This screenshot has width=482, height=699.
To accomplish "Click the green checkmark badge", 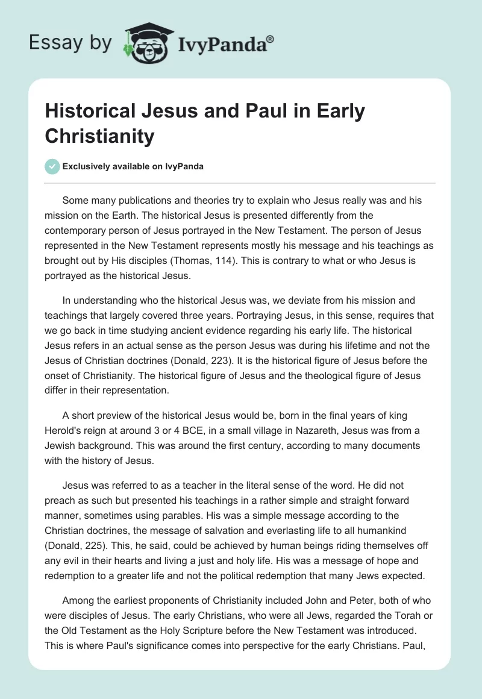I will pyautogui.click(x=53, y=166).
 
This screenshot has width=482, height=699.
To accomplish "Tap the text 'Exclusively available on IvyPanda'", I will pyautogui.click(x=133, y=166).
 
